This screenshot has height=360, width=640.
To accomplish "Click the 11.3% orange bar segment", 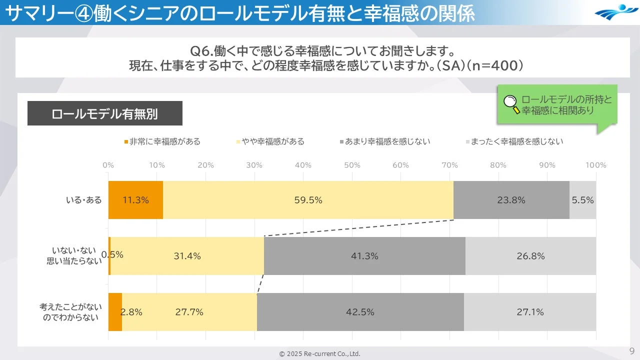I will point(135,200).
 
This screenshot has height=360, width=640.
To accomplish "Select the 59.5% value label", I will point(308,200).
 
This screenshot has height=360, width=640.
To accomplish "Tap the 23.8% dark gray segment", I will point(511,200).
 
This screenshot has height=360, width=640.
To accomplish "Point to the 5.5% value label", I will point(582,200).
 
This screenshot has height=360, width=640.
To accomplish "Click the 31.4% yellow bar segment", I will point(187,256).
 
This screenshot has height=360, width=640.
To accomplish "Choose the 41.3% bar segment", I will point(364,256).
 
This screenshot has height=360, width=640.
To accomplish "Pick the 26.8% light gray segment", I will point(530,256).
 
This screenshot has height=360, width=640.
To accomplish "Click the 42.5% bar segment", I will point(360,312).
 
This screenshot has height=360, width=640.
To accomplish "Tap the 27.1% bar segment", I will point(530,312).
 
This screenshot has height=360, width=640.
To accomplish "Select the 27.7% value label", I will point(189,312).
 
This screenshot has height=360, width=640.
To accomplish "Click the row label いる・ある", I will point(83,200).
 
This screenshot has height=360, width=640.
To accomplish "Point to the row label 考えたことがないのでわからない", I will point(70,312).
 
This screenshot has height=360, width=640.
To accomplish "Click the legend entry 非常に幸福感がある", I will point(162,141).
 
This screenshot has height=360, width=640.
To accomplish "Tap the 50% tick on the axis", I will point(352,165).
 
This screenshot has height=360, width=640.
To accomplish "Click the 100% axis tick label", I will point(595,165).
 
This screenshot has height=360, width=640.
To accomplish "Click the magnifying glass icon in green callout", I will point(511,104).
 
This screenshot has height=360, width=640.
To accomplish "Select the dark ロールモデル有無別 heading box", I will point(104,113).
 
